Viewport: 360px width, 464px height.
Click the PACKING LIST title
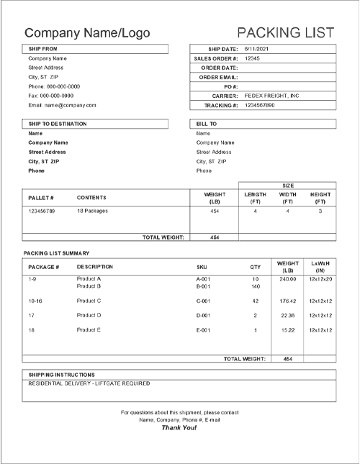point(285,32)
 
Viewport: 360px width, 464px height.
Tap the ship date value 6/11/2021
point(256,48)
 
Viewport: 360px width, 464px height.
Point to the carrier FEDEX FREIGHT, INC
point(272,95)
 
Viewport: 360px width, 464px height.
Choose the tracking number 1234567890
point(260,105)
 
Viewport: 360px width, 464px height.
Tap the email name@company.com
point(62,105)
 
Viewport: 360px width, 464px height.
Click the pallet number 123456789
point(42,211)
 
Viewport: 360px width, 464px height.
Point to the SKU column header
point(202,267)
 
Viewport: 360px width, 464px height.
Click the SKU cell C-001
point(203,301)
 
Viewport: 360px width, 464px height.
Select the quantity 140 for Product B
point(255,286)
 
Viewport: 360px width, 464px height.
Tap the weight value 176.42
point(287,301)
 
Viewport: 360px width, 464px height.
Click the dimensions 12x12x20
point(320,278)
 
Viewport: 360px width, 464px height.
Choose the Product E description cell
point(89,330)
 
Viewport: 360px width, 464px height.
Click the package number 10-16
point(35,301)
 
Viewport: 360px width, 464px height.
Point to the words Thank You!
point(179,427)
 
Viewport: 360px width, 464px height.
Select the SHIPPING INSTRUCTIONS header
point(61,375)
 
